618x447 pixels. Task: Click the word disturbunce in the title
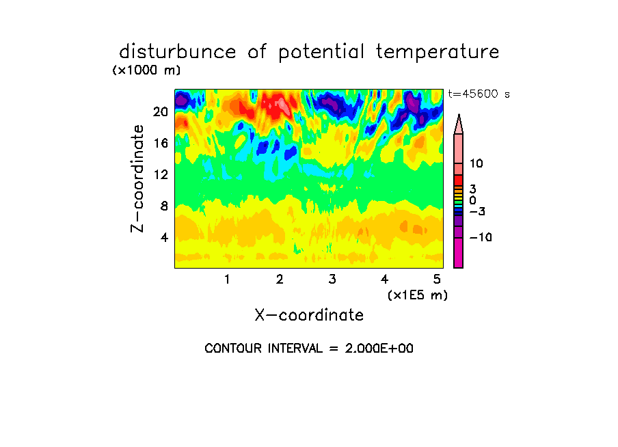click(x=178, y=52)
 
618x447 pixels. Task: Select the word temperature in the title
click(x=438, y=52)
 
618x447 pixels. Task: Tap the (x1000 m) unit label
click(x=146, y=70)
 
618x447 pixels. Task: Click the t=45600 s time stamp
click(x=479, y=94)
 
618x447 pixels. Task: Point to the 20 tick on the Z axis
click(x=161, y=112)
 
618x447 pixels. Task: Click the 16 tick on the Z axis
click(x=161, y=143)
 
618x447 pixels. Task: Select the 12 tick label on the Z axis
click(x=161, y=174)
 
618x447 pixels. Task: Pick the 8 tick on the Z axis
click(x=164, y=206)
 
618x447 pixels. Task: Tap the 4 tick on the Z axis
click(x=164, y=237)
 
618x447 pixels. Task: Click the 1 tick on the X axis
click(x=227, y=280)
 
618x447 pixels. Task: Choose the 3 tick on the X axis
click(x=332, y=280)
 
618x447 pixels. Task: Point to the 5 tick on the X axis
click(x=437, y=280)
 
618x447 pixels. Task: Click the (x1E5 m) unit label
click(x=418, y=295)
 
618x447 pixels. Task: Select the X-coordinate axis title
click(x=309, y=315)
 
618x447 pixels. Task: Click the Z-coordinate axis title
click(x=137, y=178)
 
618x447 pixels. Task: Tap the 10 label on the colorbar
click(x=476, y=163)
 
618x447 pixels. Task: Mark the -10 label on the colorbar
click(x=481, y=237)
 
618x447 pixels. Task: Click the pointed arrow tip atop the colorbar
click(x=459, y=114)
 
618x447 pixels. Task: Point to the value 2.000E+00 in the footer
click(x=379, y=349)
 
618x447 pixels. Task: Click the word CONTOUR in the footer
click(x=233, y=349)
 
